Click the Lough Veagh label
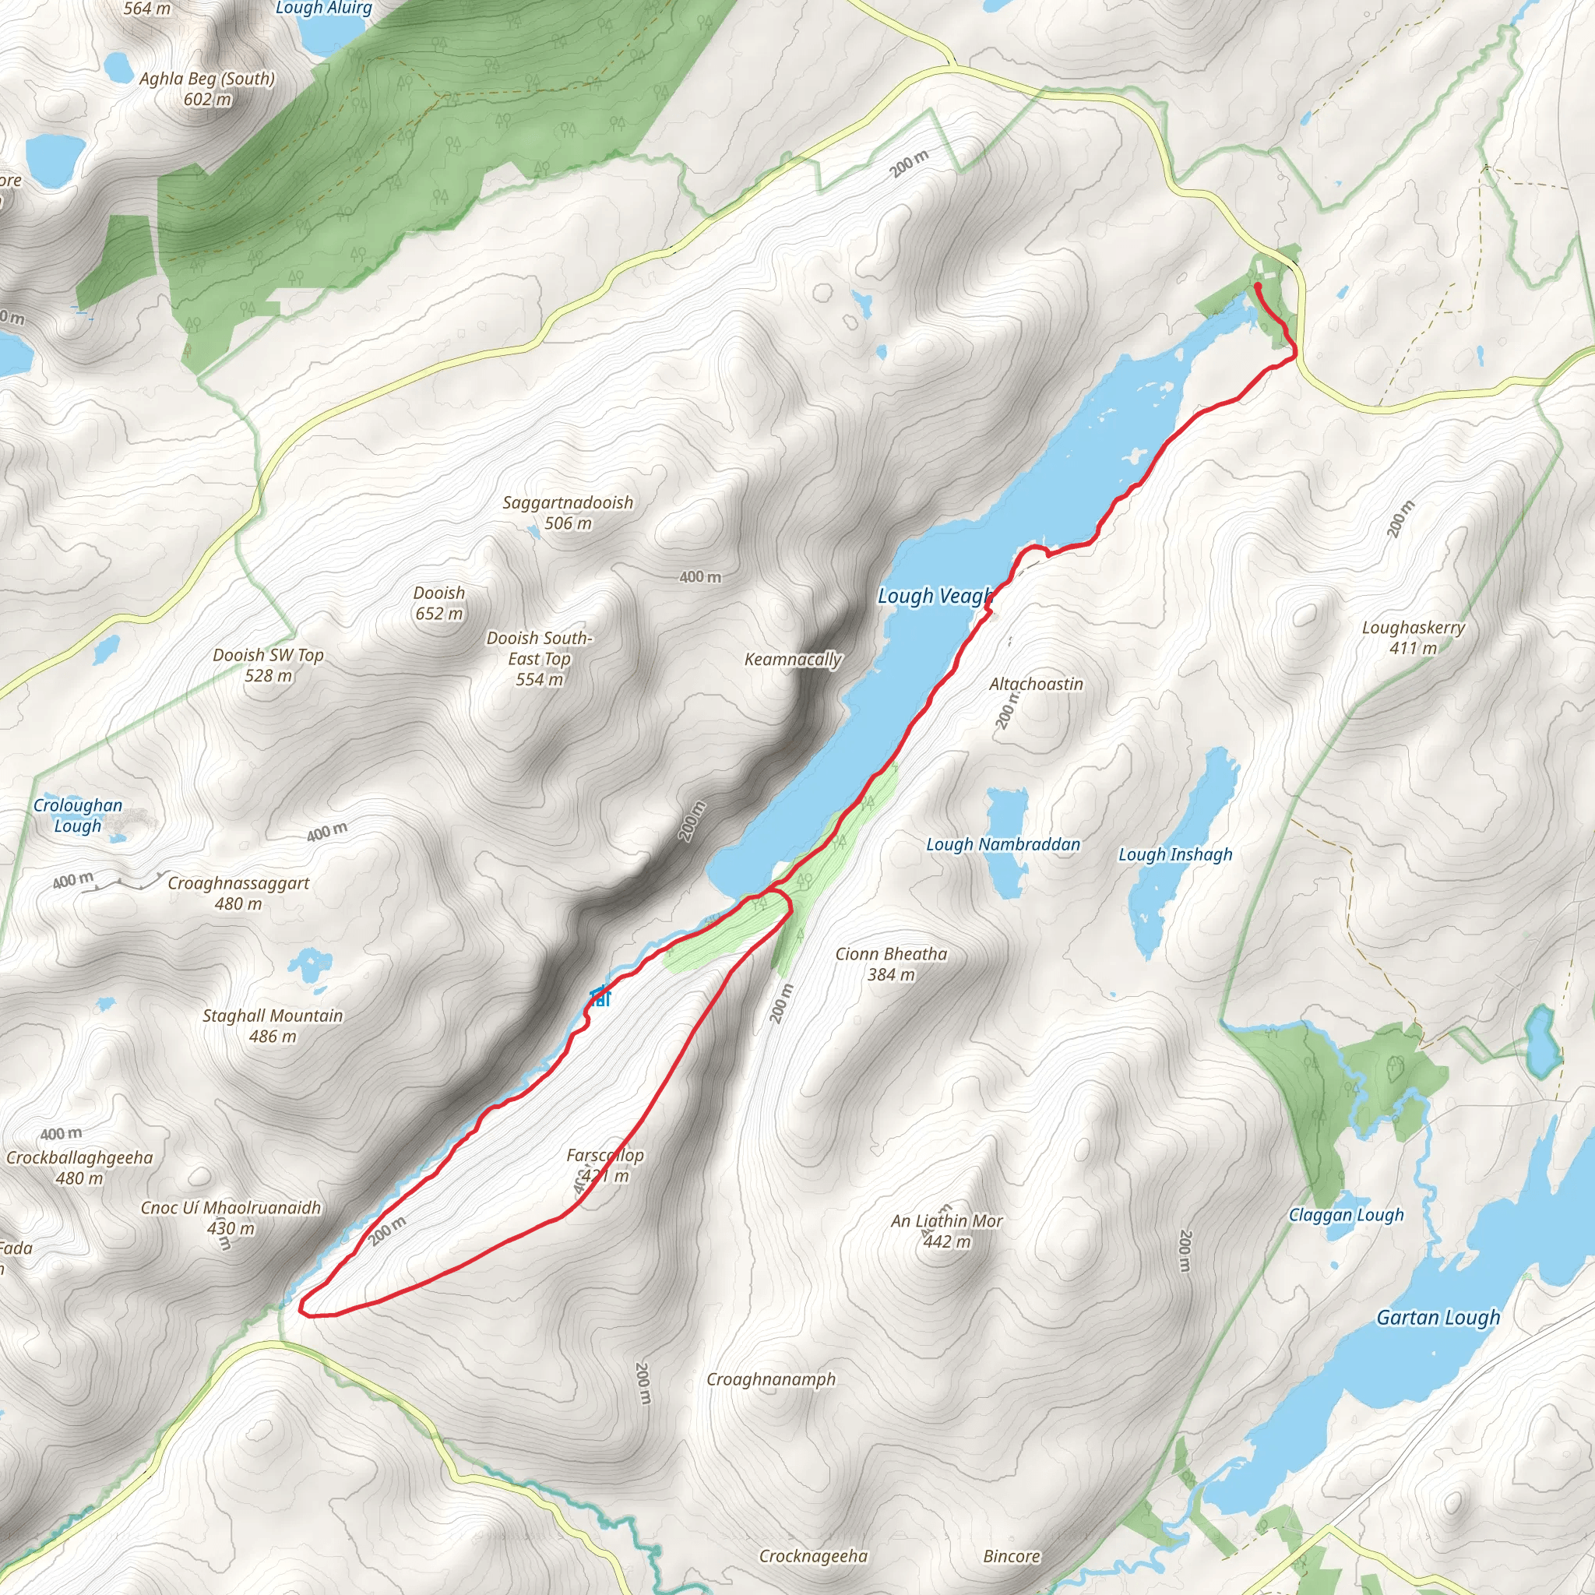point(934,596)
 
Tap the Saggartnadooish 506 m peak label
point(568,512)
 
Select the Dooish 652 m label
point(439,604)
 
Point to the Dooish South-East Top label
point(539,659)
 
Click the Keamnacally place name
point(793,660)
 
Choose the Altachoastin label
point(1036,685)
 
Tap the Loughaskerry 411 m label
point(1414,637)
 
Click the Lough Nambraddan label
point(1003,844)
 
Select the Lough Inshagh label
point(1174,854)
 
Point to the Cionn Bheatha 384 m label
point(891,963)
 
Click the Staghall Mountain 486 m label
point(273,1026)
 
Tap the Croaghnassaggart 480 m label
point(238,893)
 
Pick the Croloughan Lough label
point(78,815)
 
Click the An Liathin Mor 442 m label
point(946,1230)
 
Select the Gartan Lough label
point(1438,1318)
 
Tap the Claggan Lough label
point(1346,1215)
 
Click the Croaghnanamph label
point(771,1379)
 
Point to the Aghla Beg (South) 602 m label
point(206,88)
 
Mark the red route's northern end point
point(1257,286)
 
